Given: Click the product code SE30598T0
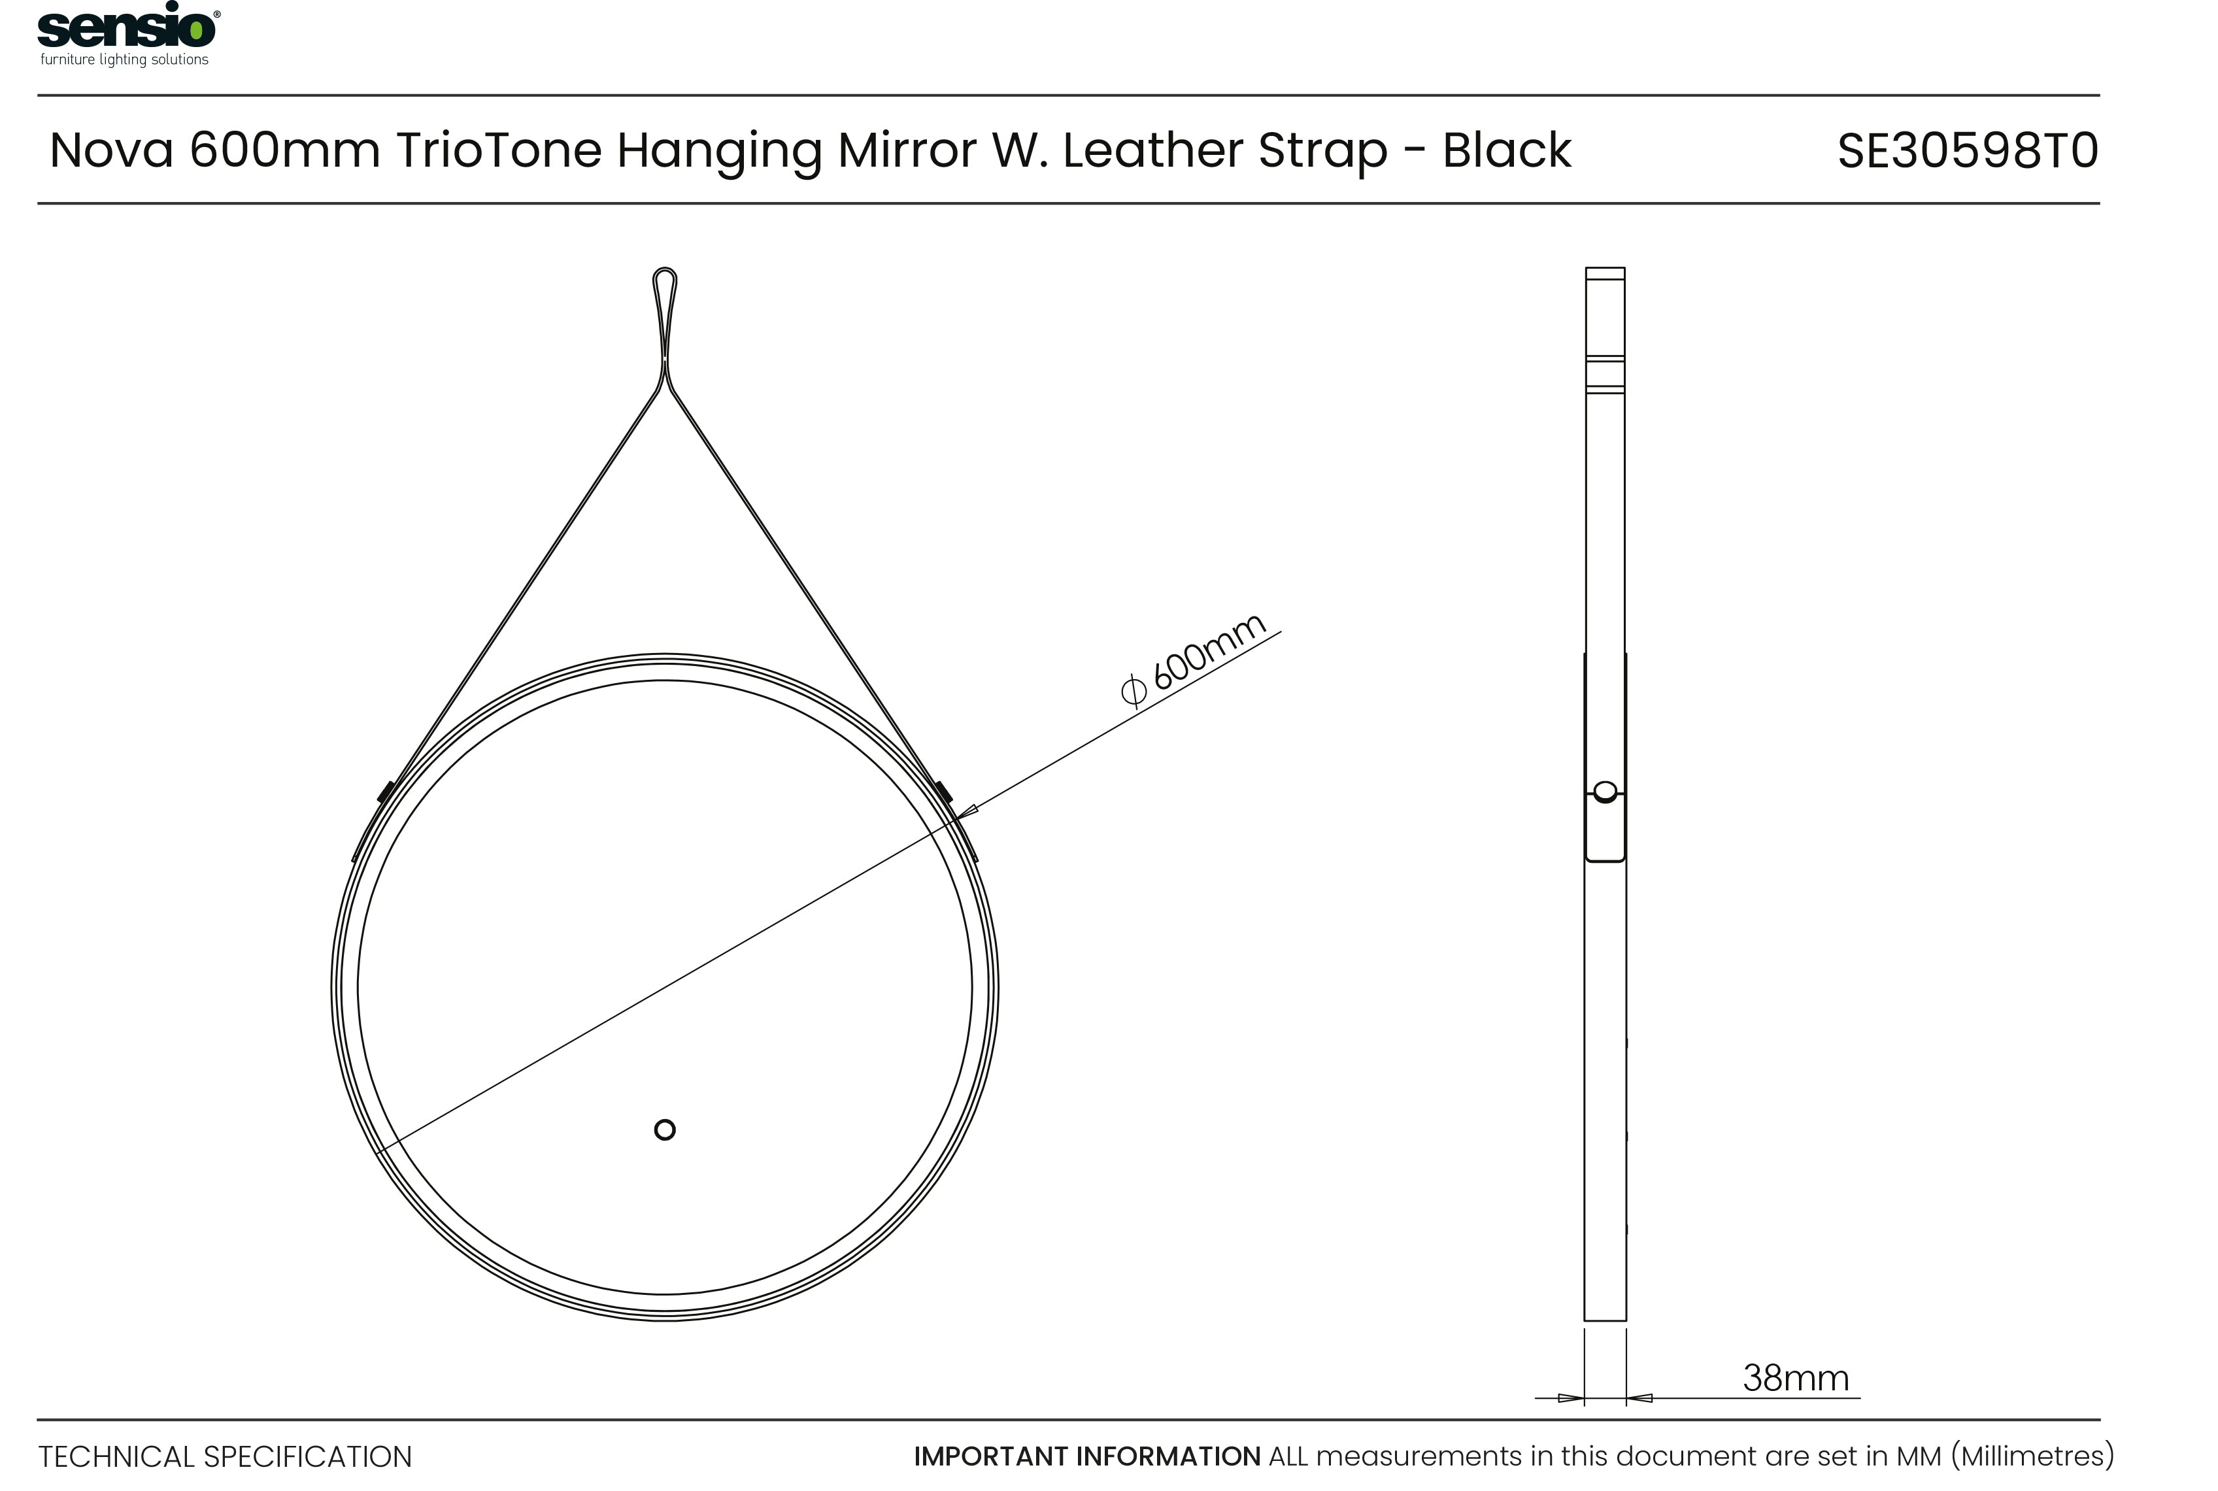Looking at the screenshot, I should coord(1967,151).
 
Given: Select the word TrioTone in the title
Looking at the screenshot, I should coord(498,150).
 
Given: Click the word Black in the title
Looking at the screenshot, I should coord(1506,150).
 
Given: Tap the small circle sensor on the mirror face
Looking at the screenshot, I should coord(665,1130).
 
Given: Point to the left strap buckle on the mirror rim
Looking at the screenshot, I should coord(385,791).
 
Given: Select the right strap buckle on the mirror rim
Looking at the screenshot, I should coord(943,791).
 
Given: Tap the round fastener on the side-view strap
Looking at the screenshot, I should coord(1605,791).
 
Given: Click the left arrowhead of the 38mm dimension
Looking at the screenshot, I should coord(1571,1398).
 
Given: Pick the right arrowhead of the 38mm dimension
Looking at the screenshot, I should coord(1640,1398).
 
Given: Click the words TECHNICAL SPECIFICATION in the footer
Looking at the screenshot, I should coord(226,1457).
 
